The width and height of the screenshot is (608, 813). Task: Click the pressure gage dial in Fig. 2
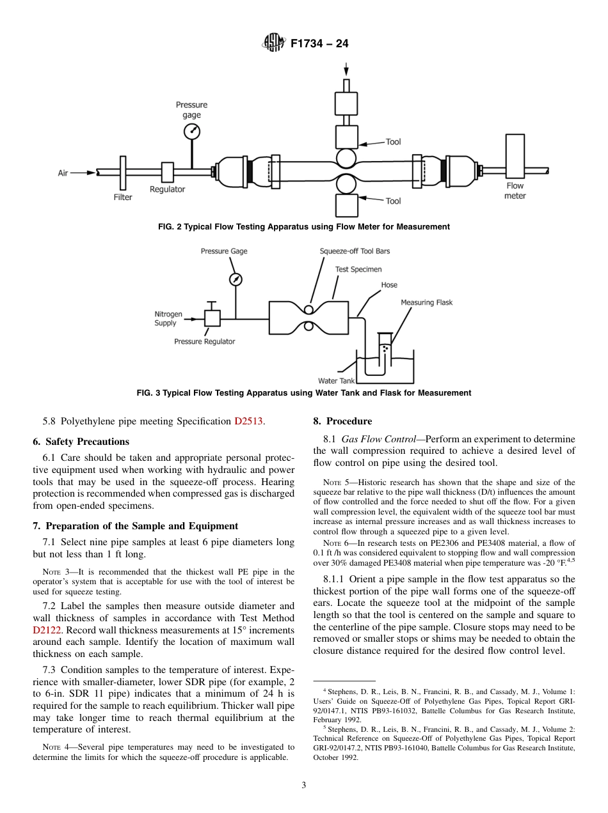pyautogui.click(x=191, y=132)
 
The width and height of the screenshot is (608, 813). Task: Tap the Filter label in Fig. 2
pyautogui.click(x=123, y=197)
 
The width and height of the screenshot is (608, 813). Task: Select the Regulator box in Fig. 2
pyautogui.click(x=168, y=172)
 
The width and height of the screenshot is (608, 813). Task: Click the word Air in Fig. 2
pyautogui.click(x=63, y=173)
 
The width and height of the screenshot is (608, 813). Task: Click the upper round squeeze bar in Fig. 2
pyautogui.click(x=346, y=159)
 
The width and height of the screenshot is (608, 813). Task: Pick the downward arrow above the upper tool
pyautogui.click(x=346, y=69)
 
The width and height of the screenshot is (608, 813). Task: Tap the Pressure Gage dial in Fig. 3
pyautogui.click(x=236, y=279)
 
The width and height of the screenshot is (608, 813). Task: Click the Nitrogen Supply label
pyautogui.click(x=168, y=318)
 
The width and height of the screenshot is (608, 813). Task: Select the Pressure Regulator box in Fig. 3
pyautogui.click(x=212, y=317)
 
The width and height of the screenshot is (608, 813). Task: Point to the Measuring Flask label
pyautogui.click(x=426, y=302)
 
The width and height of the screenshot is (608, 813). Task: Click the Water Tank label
pyautogui.click(x=336, y=381)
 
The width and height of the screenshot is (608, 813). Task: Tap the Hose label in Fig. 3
pyautogui.click(x=389, y=285)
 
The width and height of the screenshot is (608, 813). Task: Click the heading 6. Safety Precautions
pyautogui.click(x=81, y=442)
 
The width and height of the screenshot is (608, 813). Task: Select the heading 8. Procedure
pyautogui.click(x=342, y=421)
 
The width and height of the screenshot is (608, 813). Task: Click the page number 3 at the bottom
pyautogui.click(x=304, y=785)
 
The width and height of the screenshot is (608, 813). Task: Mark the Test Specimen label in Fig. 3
pyautogui.click(x=358, y=269)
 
